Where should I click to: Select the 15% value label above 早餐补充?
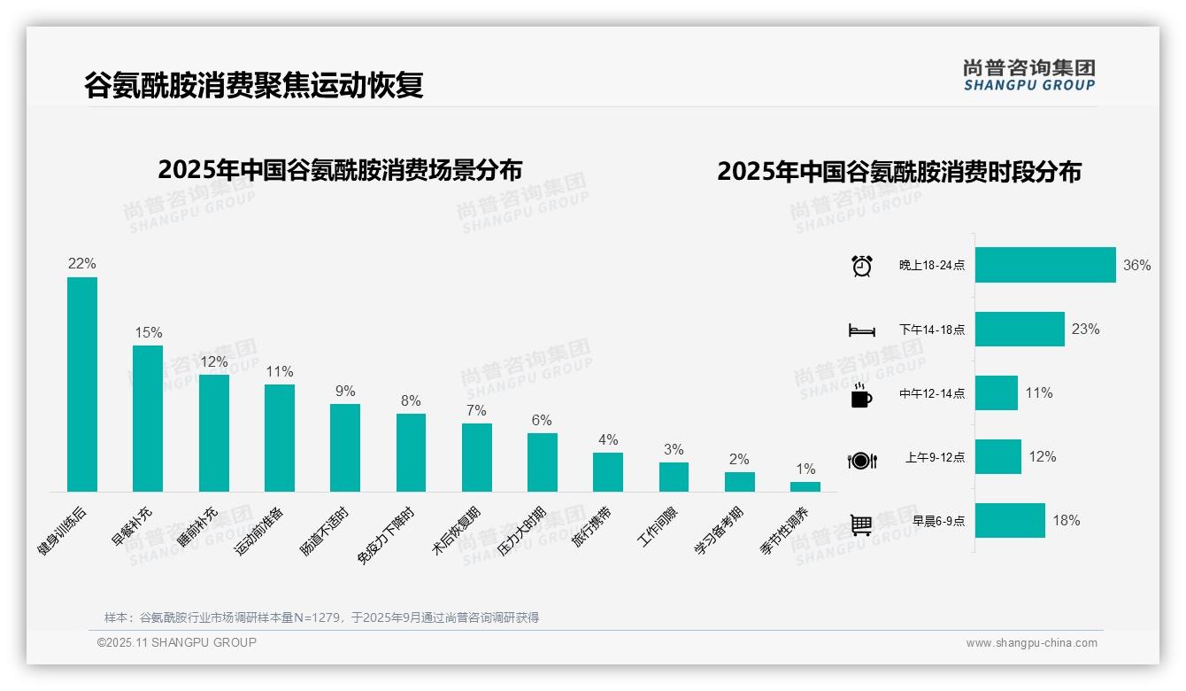[148, 333]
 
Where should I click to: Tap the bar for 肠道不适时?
[345, 447]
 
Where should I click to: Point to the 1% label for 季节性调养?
[805, 470]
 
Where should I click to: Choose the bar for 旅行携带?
[608, 472]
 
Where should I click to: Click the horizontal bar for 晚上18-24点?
[1045, 265]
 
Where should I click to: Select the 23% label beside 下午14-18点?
[1085, 330]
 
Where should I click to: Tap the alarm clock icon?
[862, 265]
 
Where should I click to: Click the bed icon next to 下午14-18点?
[862, 330]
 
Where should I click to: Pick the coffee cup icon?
[861, 395]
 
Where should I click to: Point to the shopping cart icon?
[861, 524]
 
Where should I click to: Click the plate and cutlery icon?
[862, 460]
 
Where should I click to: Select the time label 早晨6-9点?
[938, 521]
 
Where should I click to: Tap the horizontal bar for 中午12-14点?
[997, 393]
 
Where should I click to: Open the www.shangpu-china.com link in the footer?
[1031, 643]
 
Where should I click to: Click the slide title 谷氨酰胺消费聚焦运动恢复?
[254, 85]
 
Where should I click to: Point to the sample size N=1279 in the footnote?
[317, 617]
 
